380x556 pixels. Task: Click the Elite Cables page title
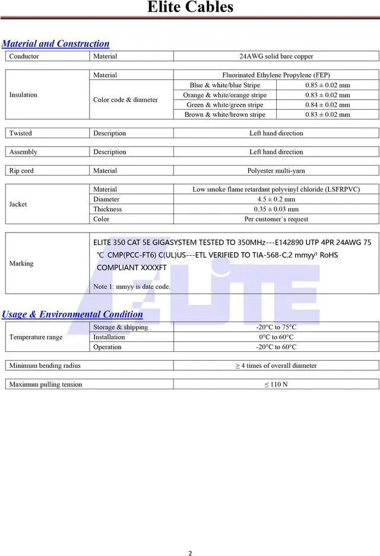190,8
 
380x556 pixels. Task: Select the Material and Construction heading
56,43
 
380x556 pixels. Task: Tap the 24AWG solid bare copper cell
276,56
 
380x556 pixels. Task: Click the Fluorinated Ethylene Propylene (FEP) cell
276,75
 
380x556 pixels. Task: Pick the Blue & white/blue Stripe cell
224,85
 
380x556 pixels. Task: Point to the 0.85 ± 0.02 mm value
328,85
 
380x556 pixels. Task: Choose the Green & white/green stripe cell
224,104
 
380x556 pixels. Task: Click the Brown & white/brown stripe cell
224,115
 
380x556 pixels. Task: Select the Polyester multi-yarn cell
276,171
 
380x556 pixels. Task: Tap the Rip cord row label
21,171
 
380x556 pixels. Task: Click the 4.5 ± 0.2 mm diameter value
276,199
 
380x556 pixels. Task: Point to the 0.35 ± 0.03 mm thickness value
276,209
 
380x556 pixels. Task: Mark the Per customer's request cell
276,219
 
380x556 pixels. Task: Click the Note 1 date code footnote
132,287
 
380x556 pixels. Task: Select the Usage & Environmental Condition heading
72,314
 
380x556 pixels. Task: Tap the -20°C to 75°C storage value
276,327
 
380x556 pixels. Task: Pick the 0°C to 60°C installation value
276,337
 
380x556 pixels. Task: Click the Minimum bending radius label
45,366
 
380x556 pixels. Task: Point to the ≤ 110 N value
276,385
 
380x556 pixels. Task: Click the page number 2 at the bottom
190,553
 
